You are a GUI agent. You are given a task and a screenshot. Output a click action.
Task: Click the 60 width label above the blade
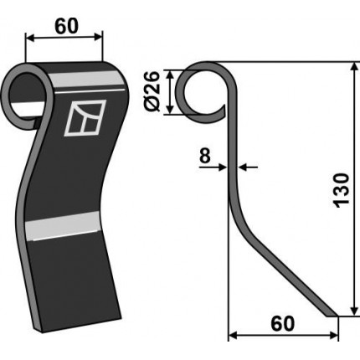tap(67, 26)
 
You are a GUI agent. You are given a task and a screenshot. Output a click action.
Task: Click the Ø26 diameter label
tap(152, 91)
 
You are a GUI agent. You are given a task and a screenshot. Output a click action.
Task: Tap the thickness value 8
tap(204, 156)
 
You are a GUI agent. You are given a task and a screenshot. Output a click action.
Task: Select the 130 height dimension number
tap(342, 191)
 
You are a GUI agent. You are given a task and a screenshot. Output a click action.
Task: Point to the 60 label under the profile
tap(282, 324)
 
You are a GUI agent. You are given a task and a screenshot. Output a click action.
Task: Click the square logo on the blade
tap(85, 118)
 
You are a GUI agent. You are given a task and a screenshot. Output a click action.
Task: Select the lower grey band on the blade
tap(62, 226)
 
